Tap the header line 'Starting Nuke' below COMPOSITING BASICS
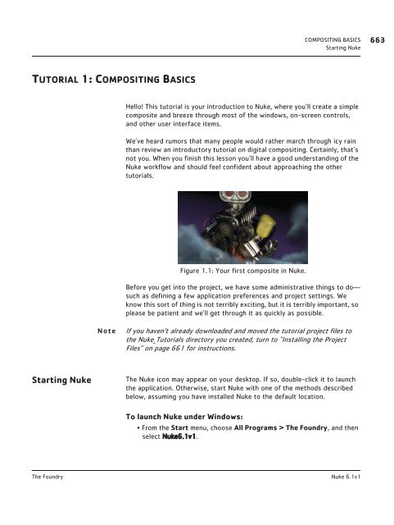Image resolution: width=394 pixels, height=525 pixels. (343, 48)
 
